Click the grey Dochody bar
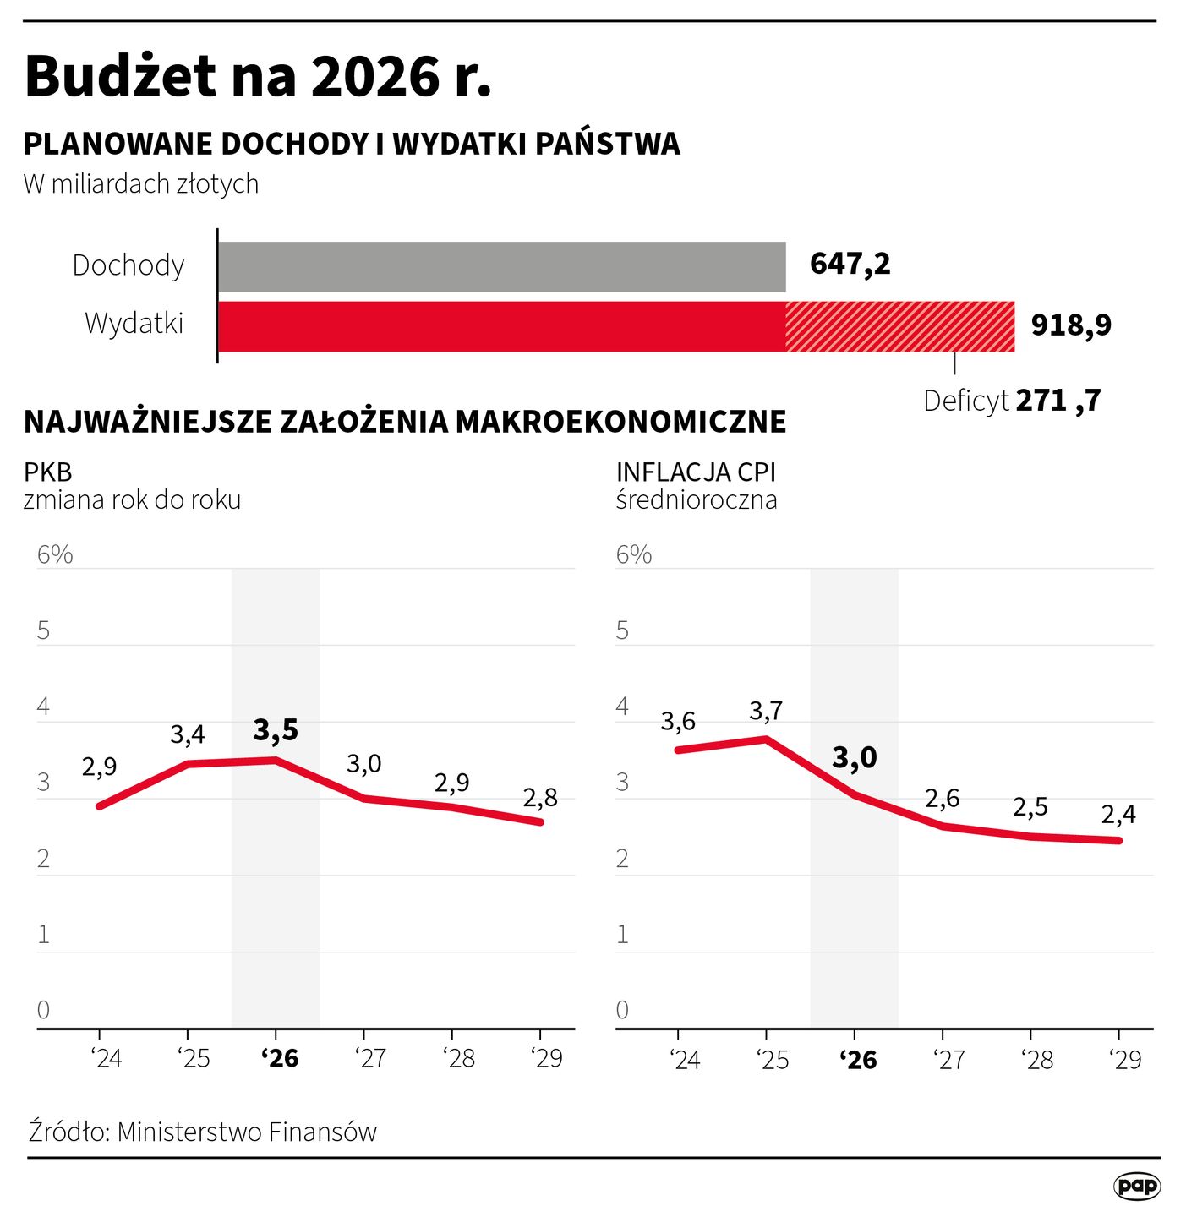pos(501,267)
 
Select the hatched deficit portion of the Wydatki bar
pos(899,326)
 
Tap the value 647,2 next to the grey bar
pos(850,265)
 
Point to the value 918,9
pos(1070,325)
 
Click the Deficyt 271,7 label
pos(1012,401)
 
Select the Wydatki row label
pos(134,324)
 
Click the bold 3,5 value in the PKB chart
pos(276,730)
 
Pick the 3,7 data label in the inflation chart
pos(766,712)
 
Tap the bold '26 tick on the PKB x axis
pos(280,1059)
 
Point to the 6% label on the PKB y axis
pos(55,555)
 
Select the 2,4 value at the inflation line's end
pos(1118,815)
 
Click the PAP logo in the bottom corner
pos(1137,1186)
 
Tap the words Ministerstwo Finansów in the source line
pos(247,1132)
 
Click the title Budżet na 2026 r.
pos(258,77)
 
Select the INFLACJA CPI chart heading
pos(696,472)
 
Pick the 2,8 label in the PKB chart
pos(540,798)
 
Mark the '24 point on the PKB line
pos(100,806)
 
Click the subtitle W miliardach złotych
pos(141,184)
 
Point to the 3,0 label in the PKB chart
pos(364,764)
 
